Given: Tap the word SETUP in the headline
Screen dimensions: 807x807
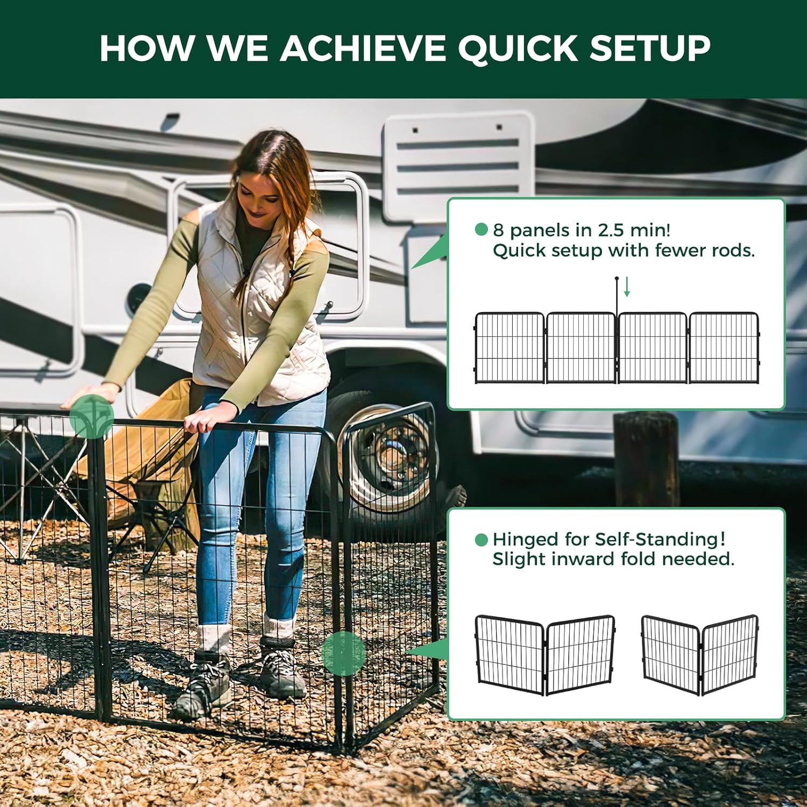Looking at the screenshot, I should click(x=650, y=48).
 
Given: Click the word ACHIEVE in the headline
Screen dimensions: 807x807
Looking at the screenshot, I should click(x=363, y=48).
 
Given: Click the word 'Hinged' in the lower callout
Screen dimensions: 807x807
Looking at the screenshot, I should click(x=525, y=539).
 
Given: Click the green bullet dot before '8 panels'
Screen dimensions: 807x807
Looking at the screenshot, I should click(x=482, y=230).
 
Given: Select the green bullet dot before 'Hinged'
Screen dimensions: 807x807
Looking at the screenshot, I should click(x=482, y=540).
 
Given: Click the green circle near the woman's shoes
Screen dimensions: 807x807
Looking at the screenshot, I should click(x=344, y=652).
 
